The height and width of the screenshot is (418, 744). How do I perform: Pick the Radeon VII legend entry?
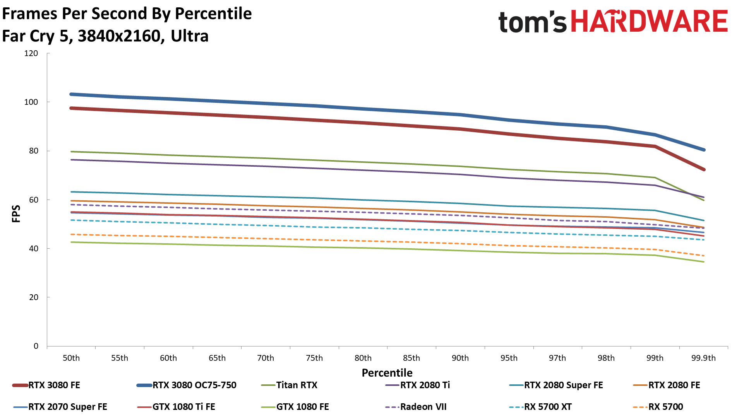[423, 407]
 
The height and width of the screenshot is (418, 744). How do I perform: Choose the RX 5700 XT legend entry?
[548, 407]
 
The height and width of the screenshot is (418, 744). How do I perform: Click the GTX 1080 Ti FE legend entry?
[183, 407]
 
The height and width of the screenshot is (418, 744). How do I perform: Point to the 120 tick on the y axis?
[31, 53]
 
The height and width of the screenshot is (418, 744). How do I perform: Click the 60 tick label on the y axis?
[34, 200]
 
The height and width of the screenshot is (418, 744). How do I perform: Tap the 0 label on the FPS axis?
[36, 346]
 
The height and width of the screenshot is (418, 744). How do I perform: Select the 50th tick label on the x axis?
[71, 358]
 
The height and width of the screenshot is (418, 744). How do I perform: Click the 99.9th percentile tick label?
[703, 358]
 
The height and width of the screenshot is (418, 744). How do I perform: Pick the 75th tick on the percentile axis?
[314, 358]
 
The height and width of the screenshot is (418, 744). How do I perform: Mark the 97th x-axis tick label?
[557, 358]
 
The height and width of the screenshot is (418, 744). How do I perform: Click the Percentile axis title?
[387, 373]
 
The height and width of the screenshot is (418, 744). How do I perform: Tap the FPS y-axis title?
[16, 213]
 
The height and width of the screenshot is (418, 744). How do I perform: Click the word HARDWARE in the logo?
[649, 21]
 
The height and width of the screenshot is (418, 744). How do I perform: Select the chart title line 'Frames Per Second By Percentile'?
[127, 14]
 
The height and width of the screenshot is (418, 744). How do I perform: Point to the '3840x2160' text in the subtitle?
[119, 36]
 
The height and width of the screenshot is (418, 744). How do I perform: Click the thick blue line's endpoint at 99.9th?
[704, 150]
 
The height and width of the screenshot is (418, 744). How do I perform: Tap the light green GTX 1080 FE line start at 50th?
[72, 242]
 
